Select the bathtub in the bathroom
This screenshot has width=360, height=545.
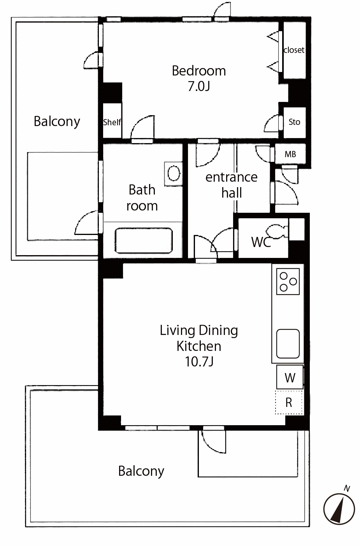click(144, 240)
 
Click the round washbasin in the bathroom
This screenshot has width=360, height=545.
click(174, 173)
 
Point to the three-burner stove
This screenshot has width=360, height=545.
click(288, 282)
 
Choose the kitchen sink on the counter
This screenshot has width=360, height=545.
click(288, 343)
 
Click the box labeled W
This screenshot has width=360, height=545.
click(290, 377)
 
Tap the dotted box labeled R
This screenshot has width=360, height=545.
click(289, 402)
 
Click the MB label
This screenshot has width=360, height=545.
click(290, 154)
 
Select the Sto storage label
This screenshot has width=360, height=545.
click(294, 122)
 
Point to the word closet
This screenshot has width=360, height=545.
click(294, 50)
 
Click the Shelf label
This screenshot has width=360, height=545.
click(112, 122)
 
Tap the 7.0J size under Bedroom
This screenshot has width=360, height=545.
click(199, 86)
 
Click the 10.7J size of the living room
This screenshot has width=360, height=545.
click(199, 361)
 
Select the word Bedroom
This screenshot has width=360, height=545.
click(199, 71)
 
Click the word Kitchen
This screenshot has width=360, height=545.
click(199, 346)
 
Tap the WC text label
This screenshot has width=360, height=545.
click(261, 242)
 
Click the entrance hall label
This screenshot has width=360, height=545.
click(232, 185)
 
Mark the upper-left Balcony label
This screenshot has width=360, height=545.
click(57, 122)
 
